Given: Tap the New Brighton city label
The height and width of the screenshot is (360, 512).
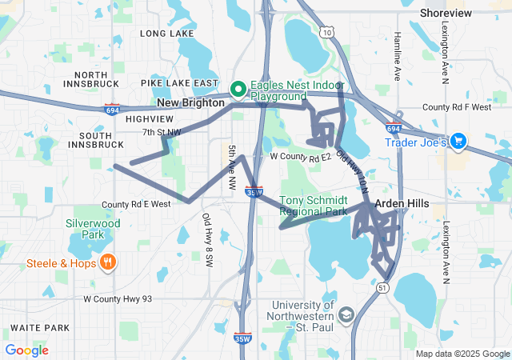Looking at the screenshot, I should pos(190,103).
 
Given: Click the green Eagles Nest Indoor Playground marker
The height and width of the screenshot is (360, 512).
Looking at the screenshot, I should pos(238,89).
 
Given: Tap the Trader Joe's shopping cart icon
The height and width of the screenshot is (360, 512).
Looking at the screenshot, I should pos(458,142).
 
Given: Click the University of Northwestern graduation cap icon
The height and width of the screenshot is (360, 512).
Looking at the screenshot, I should pos(346,313).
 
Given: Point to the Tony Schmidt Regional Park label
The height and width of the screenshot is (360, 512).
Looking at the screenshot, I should pos(314,206).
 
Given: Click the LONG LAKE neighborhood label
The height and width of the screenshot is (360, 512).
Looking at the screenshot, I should pos(166,34).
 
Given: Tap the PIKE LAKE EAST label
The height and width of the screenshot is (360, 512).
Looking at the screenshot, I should pos(179,83).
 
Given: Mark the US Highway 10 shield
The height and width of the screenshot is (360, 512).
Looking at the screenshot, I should pos(328,32).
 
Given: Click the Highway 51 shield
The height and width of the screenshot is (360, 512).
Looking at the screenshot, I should pos(383,286).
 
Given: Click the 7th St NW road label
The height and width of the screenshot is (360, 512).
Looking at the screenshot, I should pos(162,132).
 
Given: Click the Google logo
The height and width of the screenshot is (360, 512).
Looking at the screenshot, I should pos(27,350).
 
